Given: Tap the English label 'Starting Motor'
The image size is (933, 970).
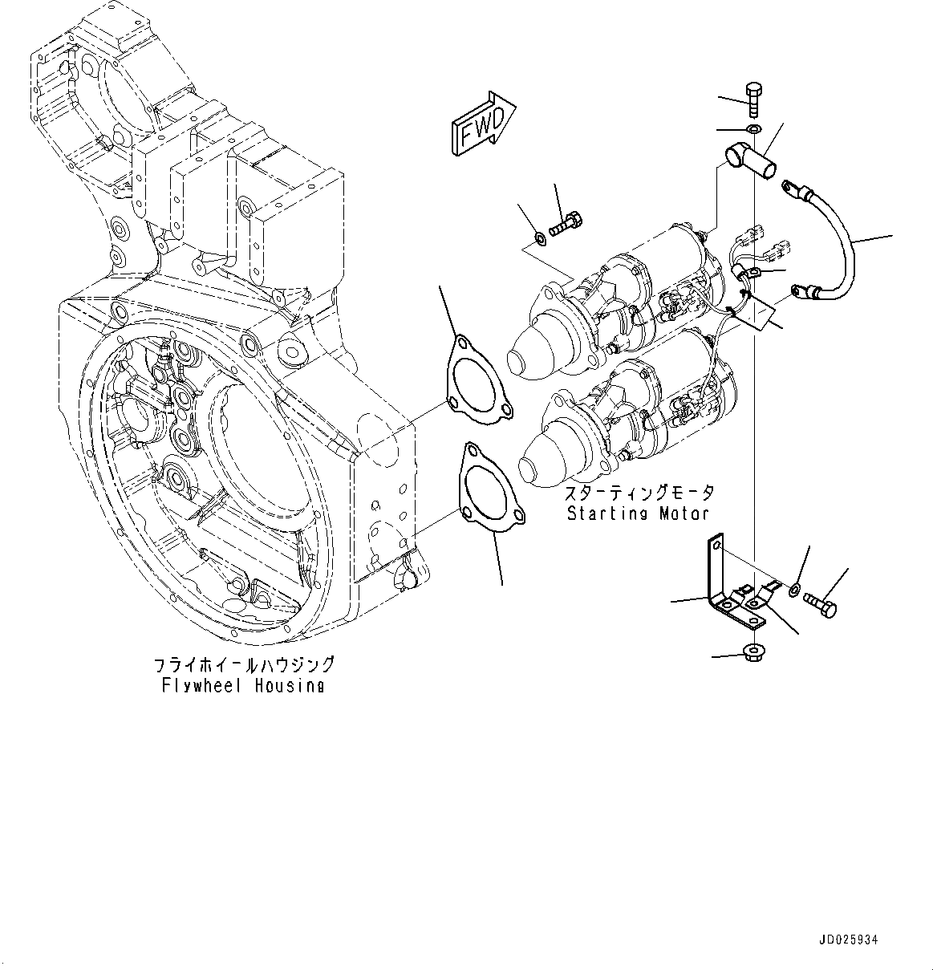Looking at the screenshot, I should [639, 513].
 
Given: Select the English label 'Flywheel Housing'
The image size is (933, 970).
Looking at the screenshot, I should [242, 686].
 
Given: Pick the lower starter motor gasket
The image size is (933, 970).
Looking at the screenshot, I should [491, 489].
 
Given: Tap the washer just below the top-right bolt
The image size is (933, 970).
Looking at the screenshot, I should [753, 129].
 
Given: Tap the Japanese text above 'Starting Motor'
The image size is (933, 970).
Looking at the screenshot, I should [639, 493].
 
